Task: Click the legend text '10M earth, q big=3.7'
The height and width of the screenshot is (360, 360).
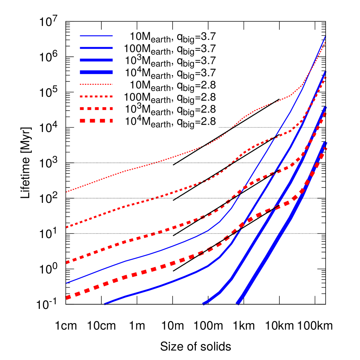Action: point(173,38)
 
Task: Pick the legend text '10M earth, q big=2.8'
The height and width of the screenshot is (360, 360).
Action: point(173,86)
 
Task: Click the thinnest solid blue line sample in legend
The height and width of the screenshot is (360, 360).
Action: point(96,36)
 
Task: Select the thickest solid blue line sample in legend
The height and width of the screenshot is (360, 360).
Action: point(96,72)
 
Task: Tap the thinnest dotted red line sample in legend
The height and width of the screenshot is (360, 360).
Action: point(96,84)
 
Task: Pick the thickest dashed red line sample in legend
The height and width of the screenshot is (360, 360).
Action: point(96,120)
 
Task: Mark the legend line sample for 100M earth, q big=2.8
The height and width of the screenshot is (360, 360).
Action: point(96,96)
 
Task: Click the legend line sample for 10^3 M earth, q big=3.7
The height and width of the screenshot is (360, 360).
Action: point(96,60)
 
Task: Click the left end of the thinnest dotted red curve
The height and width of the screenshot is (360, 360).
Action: point(67,192)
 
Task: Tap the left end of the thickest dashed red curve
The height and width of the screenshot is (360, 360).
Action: point(67,298)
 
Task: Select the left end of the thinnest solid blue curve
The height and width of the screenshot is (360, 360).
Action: point(67,283)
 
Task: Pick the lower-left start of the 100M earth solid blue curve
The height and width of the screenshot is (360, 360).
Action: point(105,303)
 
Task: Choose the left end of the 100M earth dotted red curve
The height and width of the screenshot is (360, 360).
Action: point(67,227)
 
